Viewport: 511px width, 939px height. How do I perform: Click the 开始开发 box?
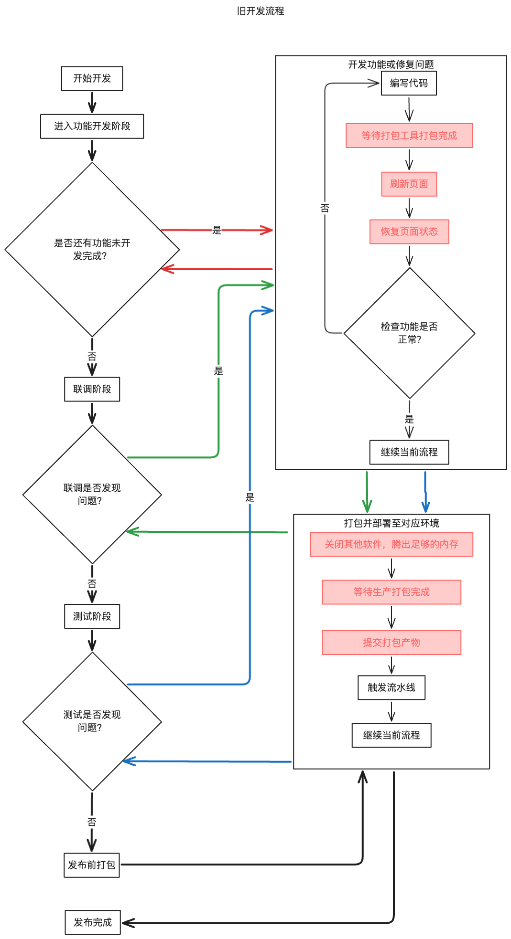pos(92,78)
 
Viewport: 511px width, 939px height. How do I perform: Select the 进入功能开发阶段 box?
pos(92,126)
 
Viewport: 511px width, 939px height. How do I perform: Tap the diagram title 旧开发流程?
pos(261,11)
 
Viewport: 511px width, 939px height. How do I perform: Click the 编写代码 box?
pos(409,83)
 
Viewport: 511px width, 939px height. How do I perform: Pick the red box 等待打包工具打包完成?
pos(409,136)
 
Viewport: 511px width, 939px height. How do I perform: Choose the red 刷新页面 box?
pos(409,184)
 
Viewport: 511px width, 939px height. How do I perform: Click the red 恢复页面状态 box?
pos(409,232)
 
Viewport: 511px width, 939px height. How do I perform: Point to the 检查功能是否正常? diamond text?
pos(409,333)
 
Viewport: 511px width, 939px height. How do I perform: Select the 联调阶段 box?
pos(92,389)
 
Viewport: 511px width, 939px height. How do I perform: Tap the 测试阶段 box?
pos(92,616)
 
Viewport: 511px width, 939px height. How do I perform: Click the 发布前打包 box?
pos(92,865)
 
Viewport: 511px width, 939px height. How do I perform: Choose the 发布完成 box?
pos(92,922)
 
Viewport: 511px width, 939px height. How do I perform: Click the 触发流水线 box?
pos(391,687)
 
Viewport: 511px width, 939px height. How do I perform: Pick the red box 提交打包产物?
pos(391,643)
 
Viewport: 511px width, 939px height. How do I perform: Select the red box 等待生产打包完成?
pos(391,592)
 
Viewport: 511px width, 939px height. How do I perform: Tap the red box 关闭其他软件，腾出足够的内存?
pos(391,544)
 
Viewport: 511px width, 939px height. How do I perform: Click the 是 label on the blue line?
pos(250,497)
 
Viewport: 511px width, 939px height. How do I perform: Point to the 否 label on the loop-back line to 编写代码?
pos(325,208)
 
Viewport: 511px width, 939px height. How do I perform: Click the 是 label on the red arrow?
pos(217,230)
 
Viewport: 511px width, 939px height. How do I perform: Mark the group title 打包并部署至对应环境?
pos(391,523)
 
